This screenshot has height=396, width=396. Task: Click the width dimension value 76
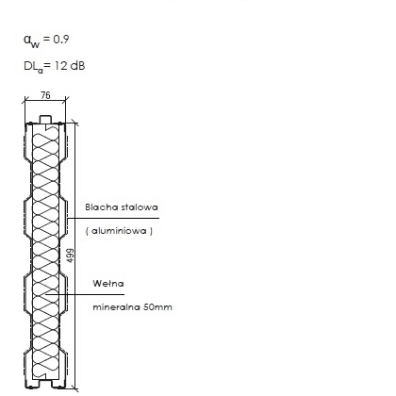(x=45, y=95)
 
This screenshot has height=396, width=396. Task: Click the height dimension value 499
(x=71, y=256)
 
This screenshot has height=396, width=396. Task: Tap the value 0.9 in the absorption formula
(x=61, y=40)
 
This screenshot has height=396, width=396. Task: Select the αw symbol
(x=31, y=41)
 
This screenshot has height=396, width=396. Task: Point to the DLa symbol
(x=33, y=67)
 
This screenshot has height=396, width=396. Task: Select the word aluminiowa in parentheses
(x=119, y=231)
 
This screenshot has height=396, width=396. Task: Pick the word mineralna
(x=116, y=307)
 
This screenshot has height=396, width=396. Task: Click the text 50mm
(x=157, y=307)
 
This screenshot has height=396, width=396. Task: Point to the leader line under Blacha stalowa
(x=113, y=218)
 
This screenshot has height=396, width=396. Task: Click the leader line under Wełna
(x=85, y=294)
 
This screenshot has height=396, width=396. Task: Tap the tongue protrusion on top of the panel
(x=45, y=120)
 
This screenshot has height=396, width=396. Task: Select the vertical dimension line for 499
(x=75, y=256)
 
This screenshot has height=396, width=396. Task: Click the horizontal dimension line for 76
(x=45, y=101)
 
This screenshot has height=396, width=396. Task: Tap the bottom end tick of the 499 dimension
(x=75, y=388)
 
